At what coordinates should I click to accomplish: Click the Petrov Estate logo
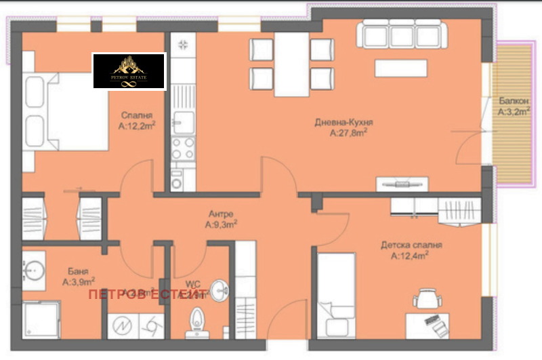129,71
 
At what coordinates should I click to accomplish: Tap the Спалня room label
137,115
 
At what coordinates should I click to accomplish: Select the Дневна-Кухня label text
344,123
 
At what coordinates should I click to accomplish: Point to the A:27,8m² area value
348,134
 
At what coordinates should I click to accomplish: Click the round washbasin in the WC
218,291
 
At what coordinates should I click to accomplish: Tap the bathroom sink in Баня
33,271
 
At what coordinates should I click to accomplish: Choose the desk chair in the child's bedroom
426,298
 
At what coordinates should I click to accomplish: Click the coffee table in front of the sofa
401,68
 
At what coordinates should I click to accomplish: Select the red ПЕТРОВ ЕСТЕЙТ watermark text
157,294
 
